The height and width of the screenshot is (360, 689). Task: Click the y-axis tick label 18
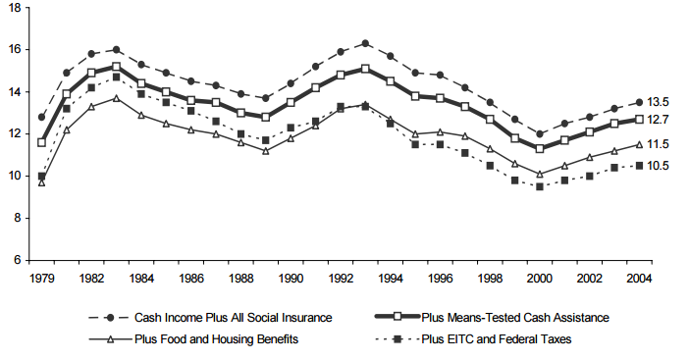(x=13, y=7)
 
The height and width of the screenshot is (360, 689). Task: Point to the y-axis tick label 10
(x=13, y=176)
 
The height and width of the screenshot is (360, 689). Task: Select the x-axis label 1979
(x=41, y=279)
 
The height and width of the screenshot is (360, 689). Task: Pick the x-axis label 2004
(x=640, y=279)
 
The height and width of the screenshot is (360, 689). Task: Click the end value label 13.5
(x=662, y=102)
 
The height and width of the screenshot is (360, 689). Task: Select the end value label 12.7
(x=662, y=120)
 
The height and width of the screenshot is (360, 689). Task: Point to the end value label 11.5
(x=662, y=144)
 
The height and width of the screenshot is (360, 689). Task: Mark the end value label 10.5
(x=662, y=166)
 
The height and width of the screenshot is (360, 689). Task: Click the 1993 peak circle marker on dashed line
(x=365, y=43)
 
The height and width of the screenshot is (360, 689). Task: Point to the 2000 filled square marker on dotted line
(x=540, y=185)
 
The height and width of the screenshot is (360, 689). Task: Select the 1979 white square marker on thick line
(x=41, y=142)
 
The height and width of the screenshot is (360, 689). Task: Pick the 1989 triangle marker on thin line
(x=265, y=150)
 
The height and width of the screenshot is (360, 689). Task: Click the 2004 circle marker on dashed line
(x=640, y=102)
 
